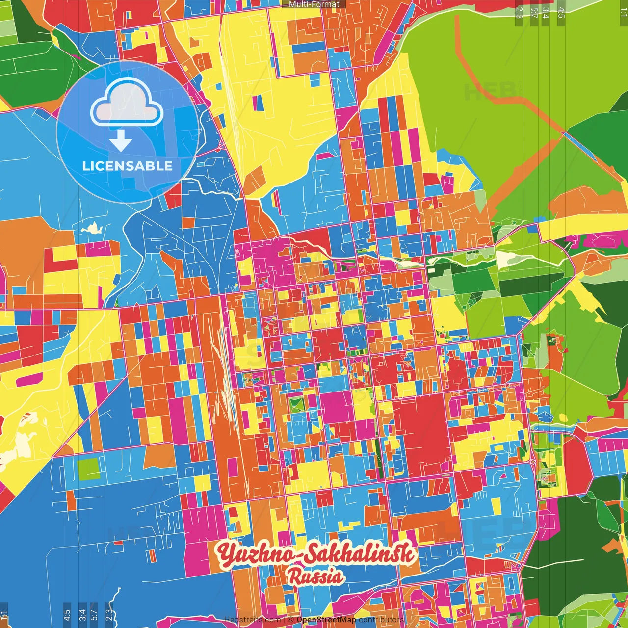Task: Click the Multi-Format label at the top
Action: pyautogui.click(x=314, y=4)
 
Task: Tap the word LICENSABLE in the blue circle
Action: pyautogui.click(x=127, y=166)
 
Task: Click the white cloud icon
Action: pyautogui.click(x=127, y=103)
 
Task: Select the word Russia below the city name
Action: pyautogui.click(x=315, y=576)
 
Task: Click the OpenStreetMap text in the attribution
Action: pyautogui.click(x=326, y=620)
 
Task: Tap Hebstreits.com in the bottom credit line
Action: pyautogui.click(x=252, y=620)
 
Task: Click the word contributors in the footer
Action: pyautogui.click(x=381, y=620)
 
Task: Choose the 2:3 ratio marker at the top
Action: pyautogui.click(x=519, y=12)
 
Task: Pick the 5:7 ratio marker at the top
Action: pyautogui.click(x=534, y=12)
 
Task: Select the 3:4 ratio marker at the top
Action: pyautogui.click(x=546, y=12)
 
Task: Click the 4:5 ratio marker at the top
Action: pyautogui.click(x=561, y=12)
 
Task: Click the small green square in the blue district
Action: pyautogui.click(x=88, y=469)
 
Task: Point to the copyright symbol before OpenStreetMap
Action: pyautogui.click(x=291, y=620)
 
